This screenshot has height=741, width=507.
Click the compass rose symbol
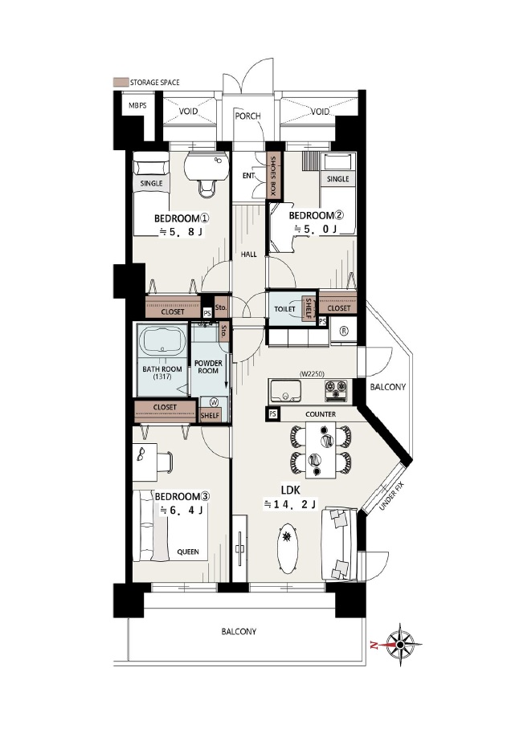pos(401,644)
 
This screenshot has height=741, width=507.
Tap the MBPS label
pos(137,105)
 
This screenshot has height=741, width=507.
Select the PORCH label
pos(247,116)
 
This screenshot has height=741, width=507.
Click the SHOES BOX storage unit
pos(274,176)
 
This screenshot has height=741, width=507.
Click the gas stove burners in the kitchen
pos(336,391)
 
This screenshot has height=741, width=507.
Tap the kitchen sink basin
pos(285,391)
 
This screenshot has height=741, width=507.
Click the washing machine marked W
pos(214,402)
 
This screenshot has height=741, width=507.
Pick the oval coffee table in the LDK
pos(287,548)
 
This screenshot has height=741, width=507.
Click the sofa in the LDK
pos(339,544)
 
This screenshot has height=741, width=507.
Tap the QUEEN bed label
pos(188,552)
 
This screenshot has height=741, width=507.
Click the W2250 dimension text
pos(311,374)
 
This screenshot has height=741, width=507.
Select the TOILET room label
pos(284,309)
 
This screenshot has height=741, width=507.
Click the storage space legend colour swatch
pos(121,82)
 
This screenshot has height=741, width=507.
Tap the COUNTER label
pos(321,414)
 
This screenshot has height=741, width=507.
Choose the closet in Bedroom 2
pos(337,303)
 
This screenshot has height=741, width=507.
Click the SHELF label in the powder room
pos(210,415)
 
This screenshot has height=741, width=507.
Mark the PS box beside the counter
pos(272,414)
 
